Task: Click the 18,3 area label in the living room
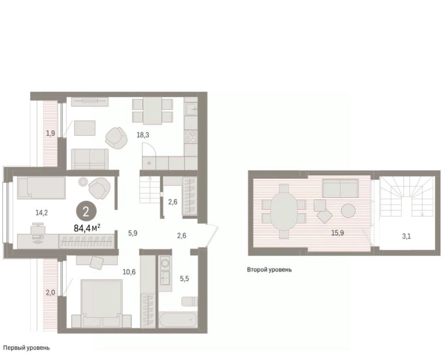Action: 143,135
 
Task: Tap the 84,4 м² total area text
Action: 87,228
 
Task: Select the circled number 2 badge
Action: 86,212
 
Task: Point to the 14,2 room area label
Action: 42,213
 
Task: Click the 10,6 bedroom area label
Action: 129,272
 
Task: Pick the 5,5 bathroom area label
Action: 185,279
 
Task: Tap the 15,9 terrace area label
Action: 338,233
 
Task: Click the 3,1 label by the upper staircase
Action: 406,236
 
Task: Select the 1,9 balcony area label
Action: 51,133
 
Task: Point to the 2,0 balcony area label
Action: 51,293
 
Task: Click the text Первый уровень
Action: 27,348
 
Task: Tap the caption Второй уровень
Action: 269,270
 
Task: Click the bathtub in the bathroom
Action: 178,319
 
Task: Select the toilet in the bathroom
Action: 190,301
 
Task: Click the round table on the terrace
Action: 348,210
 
